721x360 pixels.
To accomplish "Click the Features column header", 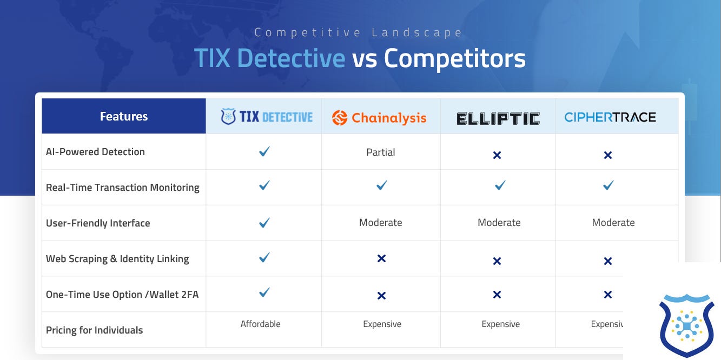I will (x=124, y=116).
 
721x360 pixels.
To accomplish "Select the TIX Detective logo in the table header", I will (x=267, y=117).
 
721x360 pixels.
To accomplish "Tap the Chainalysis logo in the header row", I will (x=379, y=118).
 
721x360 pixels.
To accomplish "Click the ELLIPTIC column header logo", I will (x=498, y=118).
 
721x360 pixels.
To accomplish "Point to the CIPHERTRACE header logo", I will (x=610, y=117).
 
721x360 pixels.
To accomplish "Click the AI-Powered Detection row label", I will (x=95, y=152).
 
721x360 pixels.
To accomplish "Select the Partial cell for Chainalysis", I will (x=381, y=152).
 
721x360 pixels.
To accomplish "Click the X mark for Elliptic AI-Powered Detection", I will (x=497, y=155).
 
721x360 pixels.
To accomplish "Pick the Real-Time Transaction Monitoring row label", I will (x=123, y=188).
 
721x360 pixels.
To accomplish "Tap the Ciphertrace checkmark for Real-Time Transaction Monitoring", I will (x=608, y=185).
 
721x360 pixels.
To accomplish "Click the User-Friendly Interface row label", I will (x=98, y=223).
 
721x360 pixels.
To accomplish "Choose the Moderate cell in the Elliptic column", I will (x=499, y=223).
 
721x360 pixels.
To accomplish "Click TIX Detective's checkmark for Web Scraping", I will (x=264, y=258).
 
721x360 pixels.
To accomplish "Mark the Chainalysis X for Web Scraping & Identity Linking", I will (x=381, y=259).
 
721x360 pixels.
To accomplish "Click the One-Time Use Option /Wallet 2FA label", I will (x=122, y=295).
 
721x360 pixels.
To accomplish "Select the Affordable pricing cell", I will (x=261, y=324).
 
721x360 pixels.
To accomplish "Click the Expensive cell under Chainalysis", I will (x=382, y=324).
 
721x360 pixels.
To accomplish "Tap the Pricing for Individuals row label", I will (x=95, y=330).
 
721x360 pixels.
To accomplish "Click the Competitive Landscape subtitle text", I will (x=359, y=32).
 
